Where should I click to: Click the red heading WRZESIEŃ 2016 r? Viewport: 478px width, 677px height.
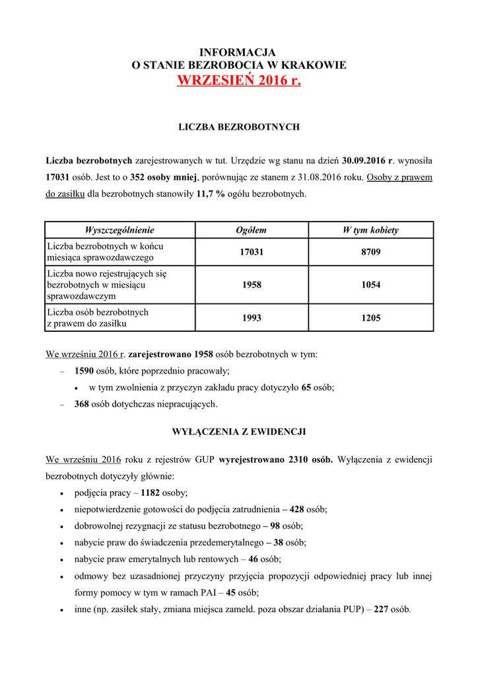click(x=239, y=81)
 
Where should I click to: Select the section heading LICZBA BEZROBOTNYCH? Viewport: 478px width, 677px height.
click(x=239, y=126)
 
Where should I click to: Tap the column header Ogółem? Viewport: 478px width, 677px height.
click(x=252, y=230)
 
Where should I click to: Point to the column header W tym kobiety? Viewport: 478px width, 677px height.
click(x=370, y=230)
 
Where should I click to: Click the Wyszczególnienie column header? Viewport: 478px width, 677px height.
click(x=119, y=230)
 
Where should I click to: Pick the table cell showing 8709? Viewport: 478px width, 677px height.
click(x=370, y=252)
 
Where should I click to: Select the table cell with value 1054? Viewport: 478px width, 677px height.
click(x=370, y=285)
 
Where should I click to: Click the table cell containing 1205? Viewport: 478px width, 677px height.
click(x=370, y=318)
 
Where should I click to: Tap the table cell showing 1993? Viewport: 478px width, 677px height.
click(x=252, y=318)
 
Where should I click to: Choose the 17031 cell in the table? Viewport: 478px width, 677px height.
click(x=252, y=252)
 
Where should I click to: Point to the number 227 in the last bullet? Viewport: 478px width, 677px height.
click(x=381, y=610)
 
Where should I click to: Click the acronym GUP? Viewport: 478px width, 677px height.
click(x=205, y=459)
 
